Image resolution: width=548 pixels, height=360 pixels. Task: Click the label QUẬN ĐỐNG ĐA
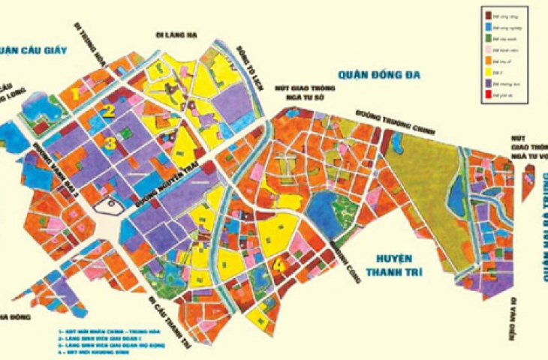pos(381,75)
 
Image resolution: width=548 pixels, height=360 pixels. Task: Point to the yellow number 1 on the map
pos(77,94)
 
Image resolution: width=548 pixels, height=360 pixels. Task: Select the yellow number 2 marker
pos(110,112)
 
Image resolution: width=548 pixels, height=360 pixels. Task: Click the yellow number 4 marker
pos(279,264)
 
